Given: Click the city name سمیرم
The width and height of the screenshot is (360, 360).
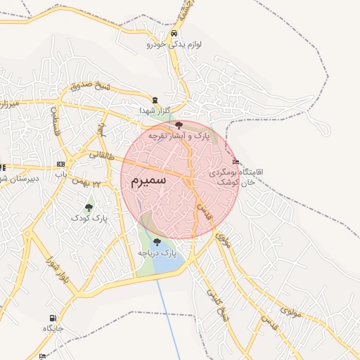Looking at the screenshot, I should (x=148, y=179).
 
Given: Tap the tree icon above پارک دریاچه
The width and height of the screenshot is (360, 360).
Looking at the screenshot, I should (x=156, y=241).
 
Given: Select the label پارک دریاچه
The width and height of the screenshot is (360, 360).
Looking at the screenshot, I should (x=157, y=252).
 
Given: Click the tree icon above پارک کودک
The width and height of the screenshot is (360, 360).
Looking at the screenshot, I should (x=89, y=207).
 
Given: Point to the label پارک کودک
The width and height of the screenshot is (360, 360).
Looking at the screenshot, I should (x=89, y=219).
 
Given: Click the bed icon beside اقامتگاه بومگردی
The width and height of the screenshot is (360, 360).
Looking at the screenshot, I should (x=235, y=160).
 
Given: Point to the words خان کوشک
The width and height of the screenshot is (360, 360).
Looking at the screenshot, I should (x=224, y=182).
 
